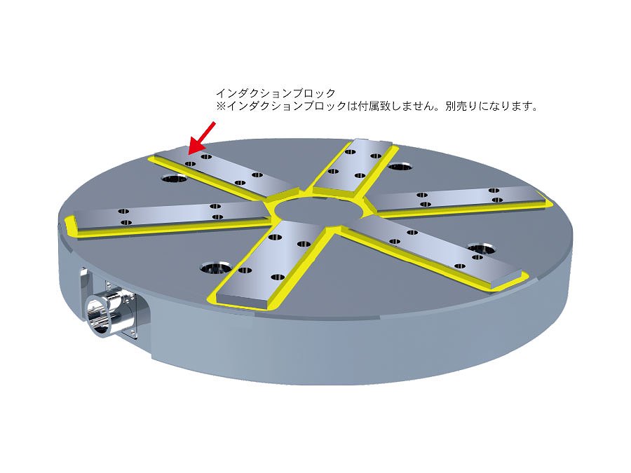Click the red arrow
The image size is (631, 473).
tap(202, 138)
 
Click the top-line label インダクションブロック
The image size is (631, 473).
tap(276, 93)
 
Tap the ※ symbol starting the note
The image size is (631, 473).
tap(222, 107)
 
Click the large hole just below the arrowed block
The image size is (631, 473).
tap(175, 177)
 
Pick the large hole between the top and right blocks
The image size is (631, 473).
tap(401, 166)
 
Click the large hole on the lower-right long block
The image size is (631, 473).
tap(481, 248)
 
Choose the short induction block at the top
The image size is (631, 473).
tap(351, 165)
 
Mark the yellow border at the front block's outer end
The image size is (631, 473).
tap(241, 305)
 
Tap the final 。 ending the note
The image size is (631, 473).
tap(534, 109)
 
